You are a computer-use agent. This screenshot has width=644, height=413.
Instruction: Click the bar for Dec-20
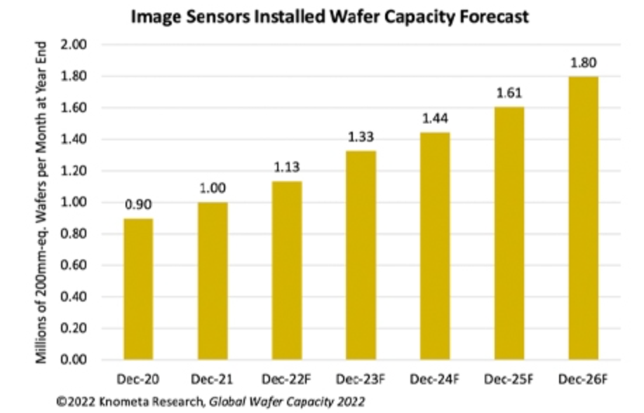[x=138, y=289]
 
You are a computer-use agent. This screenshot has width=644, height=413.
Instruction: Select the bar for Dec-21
[x=212, y=280]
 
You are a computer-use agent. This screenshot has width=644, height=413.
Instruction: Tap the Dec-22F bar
[x=286, y=270]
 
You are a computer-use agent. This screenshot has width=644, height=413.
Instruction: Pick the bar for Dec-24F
[x=434, y=245]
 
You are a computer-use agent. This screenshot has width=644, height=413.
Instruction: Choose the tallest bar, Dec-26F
[x=582, y=217]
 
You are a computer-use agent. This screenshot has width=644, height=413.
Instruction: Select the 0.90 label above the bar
[x=138, y=204]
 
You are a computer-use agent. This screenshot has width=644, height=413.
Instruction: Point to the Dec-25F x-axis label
[x=508, y=379]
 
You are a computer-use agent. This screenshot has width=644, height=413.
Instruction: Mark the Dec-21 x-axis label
[x=212, y=379]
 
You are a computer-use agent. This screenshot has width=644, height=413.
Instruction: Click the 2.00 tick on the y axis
[x=73, y=45]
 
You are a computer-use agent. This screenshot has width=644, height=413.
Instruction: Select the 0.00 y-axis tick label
[x=73, y=360]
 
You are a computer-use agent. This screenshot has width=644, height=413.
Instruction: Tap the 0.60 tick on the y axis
[x=73, y=266]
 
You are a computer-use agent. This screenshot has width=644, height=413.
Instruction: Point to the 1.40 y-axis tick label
[x=73, y=140]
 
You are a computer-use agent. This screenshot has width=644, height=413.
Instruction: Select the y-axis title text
[x=41, y=203]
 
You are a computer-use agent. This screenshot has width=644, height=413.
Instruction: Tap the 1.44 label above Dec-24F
[x=434, y=118]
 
